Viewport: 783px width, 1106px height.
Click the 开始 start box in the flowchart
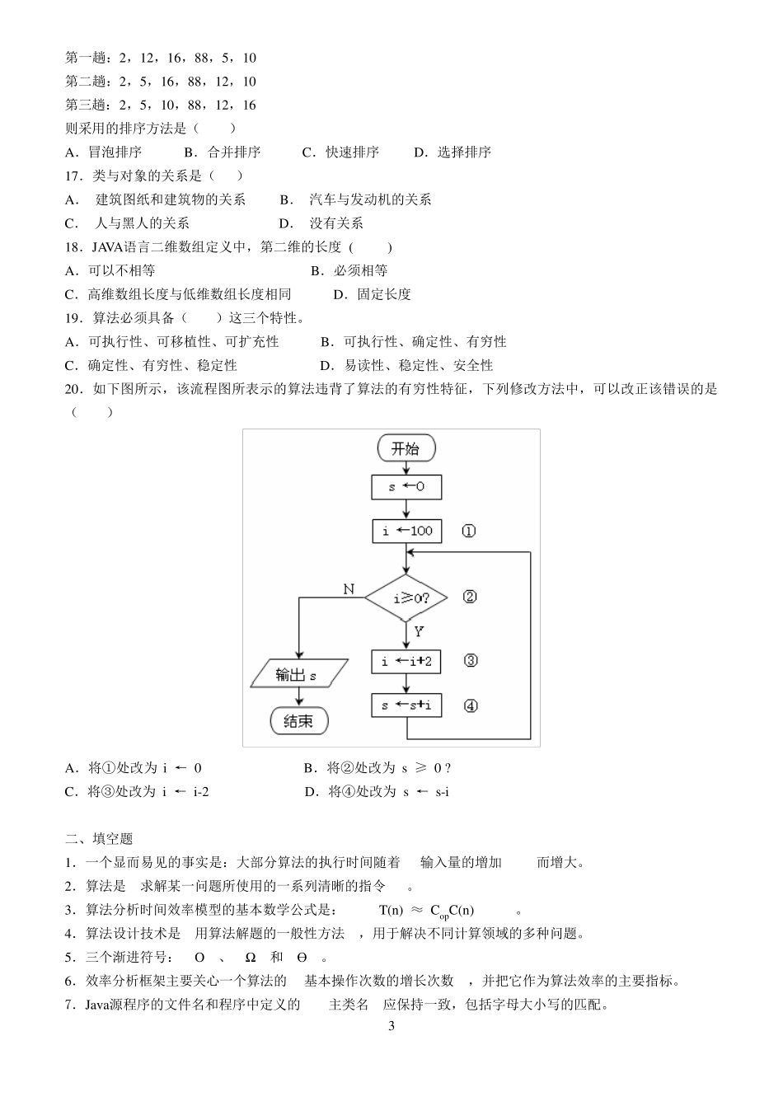406,448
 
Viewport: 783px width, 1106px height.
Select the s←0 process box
406,487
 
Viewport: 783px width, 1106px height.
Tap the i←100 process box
406,531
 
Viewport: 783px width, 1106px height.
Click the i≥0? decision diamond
407,598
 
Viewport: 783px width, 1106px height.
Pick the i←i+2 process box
406,661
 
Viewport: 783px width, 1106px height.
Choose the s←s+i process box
406,705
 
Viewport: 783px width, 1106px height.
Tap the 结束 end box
298,721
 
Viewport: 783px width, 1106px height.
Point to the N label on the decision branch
349,588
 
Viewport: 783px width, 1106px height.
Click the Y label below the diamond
419,632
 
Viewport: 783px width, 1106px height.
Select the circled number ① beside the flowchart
468,532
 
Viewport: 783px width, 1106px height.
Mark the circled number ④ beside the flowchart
471,706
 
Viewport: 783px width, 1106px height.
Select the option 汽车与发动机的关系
370,199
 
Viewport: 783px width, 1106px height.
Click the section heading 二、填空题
99,839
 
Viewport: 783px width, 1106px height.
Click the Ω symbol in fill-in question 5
251,958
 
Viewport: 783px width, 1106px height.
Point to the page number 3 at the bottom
391,1027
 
